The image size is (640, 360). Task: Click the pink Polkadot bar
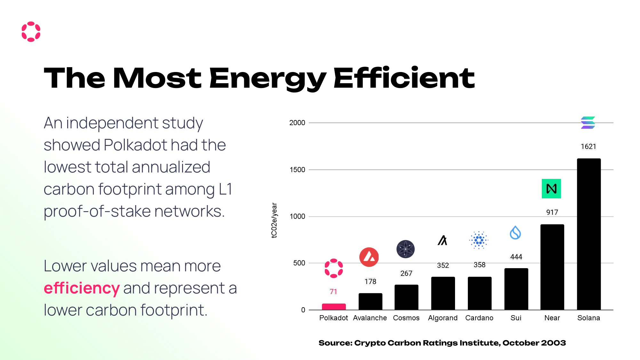pos(333,307)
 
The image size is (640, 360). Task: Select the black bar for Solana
pos(588,234)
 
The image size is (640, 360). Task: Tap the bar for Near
pos(552,267)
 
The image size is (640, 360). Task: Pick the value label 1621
pos(588,147)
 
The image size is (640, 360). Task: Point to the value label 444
pos(516,257)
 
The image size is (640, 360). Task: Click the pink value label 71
pos(333,292)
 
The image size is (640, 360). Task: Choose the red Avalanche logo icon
pos(369,257)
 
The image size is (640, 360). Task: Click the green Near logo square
pos(551,188)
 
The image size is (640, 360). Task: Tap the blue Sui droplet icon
pos(515,233)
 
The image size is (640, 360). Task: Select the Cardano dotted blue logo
pos(479,240)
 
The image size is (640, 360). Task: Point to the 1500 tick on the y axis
pos(297,170)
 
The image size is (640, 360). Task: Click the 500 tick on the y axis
pos(299,263)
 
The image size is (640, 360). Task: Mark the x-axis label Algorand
pos(443,318)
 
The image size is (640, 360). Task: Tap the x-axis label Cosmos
pos(406,318)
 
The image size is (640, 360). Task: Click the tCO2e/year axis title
pos(274,220)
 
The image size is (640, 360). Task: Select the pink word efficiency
pos(82,288)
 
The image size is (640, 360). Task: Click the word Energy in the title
pos(268,78)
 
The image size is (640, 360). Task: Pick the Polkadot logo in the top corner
pos(31,32)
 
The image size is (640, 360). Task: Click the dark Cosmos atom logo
pos(405,249)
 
